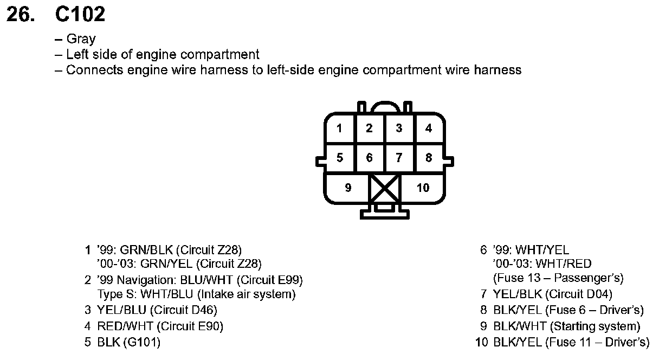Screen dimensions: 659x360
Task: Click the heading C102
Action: coord(80,15)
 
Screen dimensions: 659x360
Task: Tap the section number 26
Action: coord(21,15)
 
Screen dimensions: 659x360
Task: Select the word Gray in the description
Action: coord(81,39)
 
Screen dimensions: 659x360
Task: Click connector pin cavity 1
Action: coord(339,128)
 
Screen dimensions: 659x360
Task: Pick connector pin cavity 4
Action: coord(429,128)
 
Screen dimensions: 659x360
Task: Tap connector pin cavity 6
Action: coord(369,158)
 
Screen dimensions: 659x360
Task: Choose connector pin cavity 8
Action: coord(429,158)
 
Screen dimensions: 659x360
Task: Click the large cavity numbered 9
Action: coord(347,188)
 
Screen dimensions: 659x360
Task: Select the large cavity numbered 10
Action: coord(423,188)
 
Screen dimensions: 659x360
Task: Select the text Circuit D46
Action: coord(185,311)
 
